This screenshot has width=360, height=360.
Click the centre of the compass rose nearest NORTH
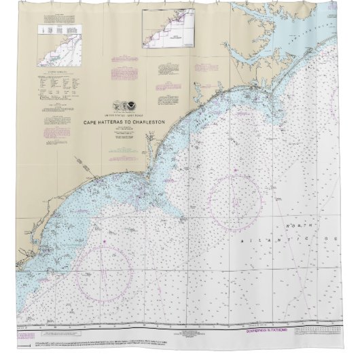[236, 201]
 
